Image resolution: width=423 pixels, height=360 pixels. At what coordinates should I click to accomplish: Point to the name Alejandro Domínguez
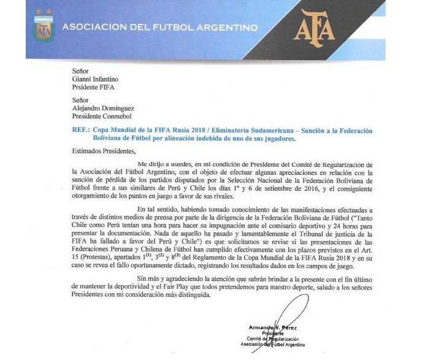[x=105, y=105]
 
